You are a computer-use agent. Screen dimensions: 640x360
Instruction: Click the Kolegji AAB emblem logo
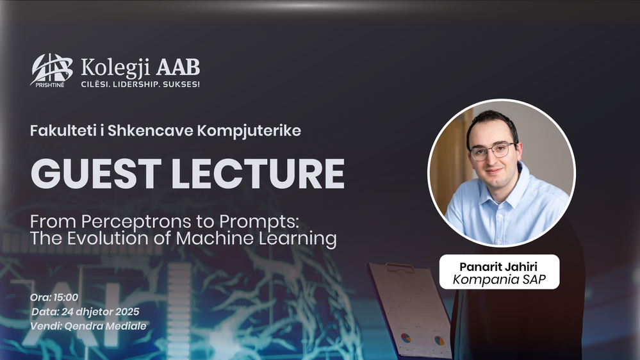pos(51,70)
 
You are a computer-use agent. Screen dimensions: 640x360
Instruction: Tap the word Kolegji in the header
pos(115,67)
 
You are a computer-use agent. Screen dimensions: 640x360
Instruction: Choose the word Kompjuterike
pos(249,131)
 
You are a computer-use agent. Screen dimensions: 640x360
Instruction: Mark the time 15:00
pos(66,298)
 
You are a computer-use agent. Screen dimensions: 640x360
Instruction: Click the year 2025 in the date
pos(127,312)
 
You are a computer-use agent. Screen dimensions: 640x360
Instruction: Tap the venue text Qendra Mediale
pos(105,326)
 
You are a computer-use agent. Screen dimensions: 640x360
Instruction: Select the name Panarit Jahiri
pos(498,267)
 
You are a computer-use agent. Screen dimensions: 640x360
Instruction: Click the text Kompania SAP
pos(499,279)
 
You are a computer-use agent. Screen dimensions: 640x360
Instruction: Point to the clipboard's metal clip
pos(400,268)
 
